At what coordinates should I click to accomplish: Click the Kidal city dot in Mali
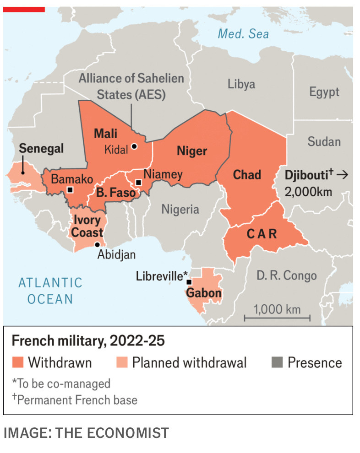134,146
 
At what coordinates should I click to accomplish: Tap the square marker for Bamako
70,189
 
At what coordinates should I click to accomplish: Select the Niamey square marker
139,183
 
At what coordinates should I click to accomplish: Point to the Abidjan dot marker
97,244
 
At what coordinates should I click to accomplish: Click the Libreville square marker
189,282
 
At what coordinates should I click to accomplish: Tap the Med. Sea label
243,33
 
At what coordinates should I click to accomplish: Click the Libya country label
241,84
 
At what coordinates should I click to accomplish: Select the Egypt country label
324,92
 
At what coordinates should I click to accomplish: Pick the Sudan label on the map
324,141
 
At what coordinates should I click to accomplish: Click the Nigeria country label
180,210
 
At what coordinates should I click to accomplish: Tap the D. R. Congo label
286,275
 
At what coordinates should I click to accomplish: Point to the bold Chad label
247,175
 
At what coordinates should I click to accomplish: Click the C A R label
262,234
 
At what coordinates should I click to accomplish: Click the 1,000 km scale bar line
277,317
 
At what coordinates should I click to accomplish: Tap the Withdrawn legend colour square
17,363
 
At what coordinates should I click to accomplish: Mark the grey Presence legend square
277,363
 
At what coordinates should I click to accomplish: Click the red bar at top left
24,9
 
